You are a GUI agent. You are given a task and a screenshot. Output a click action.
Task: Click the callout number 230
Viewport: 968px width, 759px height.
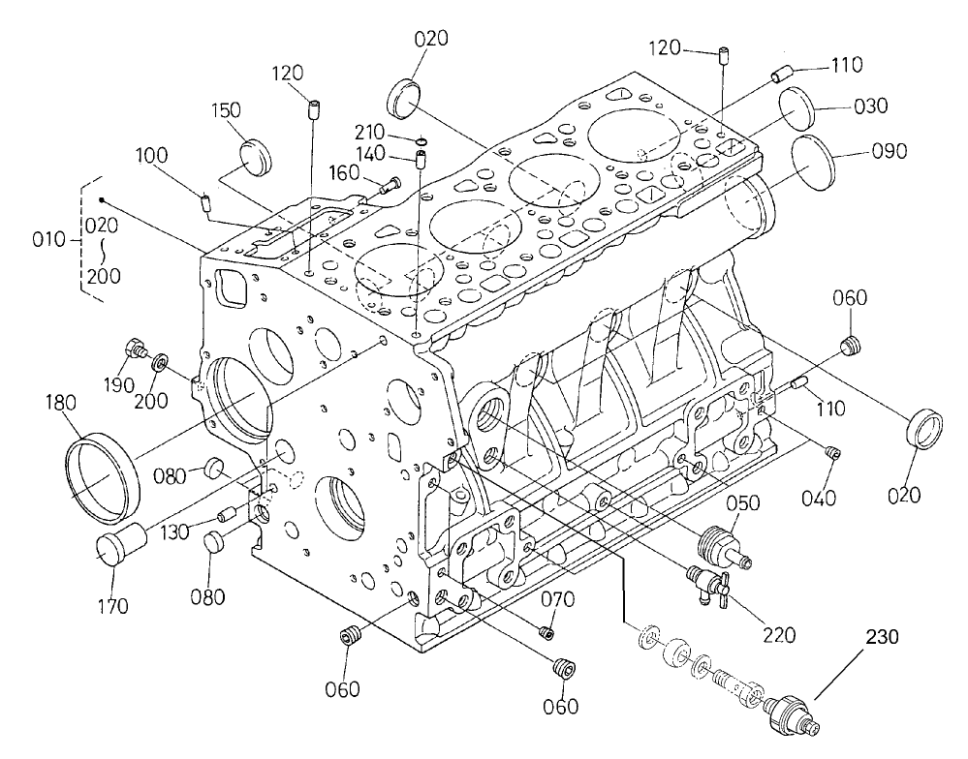point(883,638)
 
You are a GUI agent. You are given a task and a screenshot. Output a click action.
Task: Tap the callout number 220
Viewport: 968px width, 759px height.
point(779,635)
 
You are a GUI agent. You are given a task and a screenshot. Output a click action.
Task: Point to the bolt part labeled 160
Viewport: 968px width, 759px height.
point(390,182)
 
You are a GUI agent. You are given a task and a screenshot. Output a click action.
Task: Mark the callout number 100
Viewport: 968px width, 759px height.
point(152,155)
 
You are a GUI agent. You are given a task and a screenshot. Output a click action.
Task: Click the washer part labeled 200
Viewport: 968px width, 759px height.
point(159,364)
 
